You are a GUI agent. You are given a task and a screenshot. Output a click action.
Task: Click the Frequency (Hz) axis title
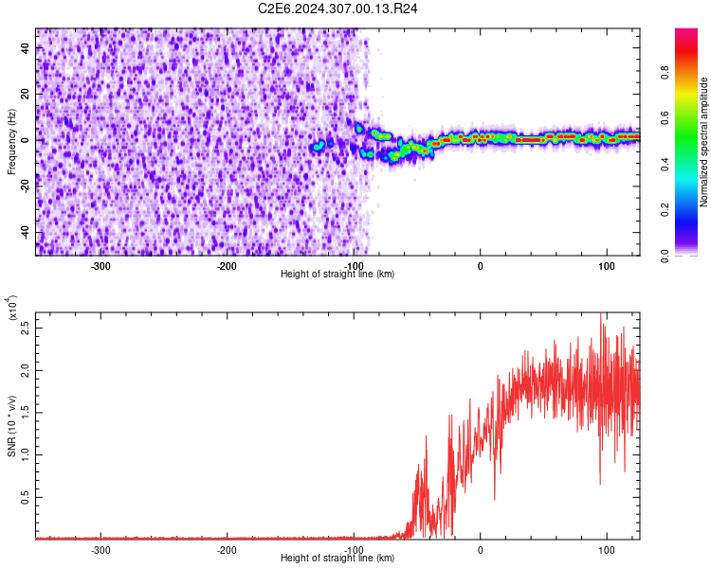pos(11,142)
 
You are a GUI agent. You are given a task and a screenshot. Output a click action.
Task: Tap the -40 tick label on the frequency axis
pos(24,232)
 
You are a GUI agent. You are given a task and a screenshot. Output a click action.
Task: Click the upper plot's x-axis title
pos(337,274)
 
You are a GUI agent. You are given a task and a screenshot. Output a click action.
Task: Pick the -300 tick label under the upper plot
pos(100,266)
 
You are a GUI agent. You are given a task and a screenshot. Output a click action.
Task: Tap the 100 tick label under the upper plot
pos(607,266)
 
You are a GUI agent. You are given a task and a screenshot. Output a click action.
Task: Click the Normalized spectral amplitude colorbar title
pos(704,142)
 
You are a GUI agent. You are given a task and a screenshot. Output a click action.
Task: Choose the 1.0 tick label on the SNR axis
pos(24,455)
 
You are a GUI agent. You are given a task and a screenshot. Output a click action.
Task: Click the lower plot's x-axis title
pos(337,558)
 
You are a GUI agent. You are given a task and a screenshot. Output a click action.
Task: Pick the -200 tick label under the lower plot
pos(227,550)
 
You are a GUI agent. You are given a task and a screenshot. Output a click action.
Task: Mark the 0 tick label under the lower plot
pos(481,550)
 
